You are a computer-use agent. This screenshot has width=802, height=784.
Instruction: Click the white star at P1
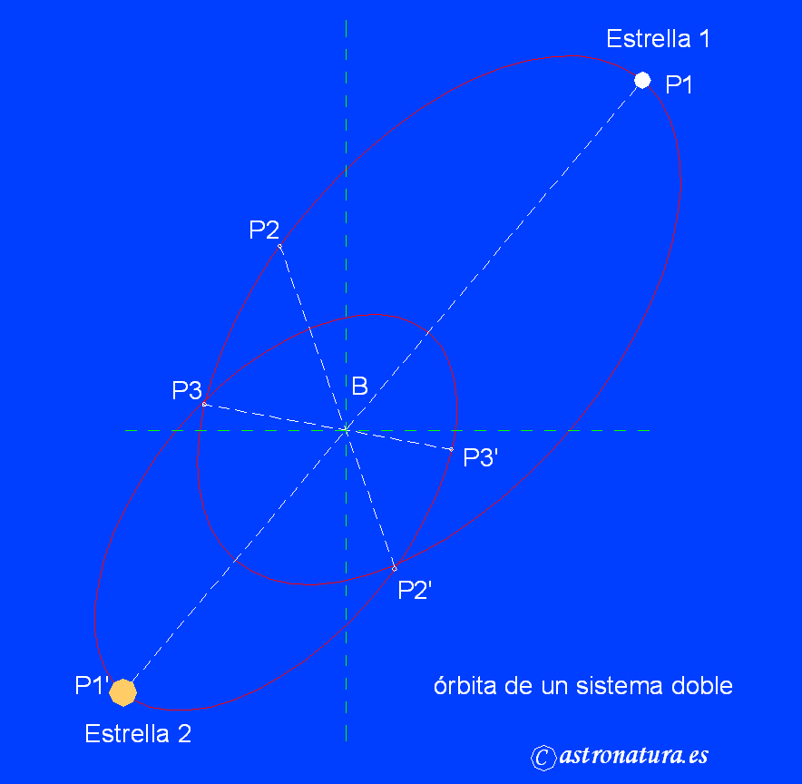[642, 80]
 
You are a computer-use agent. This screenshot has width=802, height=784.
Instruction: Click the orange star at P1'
[122, 692]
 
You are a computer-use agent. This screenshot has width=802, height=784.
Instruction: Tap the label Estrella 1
[658, 39]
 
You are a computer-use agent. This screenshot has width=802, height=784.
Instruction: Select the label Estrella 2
[138, 733]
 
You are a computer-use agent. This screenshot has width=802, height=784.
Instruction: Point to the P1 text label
[680, 85]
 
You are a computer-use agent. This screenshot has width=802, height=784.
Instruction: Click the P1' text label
[92, 686]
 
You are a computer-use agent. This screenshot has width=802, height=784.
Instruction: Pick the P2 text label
[264, 230]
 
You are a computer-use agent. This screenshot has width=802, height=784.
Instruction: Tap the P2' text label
[415, 590]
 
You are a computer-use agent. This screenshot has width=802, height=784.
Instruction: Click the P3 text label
[187, 391]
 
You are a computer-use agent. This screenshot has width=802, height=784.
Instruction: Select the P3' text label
[481, 458]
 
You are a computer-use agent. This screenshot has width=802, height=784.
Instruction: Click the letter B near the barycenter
[359, 387]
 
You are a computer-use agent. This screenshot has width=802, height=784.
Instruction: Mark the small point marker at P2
[279, 246]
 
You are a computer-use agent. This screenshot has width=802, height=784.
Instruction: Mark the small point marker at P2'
[394, 568]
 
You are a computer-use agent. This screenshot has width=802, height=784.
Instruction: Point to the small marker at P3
[204, 404]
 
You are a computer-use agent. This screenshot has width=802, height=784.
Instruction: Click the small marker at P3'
[451, 449]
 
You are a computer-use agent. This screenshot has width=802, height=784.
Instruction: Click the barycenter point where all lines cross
[346, 429]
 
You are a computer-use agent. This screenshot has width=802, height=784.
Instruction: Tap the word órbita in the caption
[465, 685]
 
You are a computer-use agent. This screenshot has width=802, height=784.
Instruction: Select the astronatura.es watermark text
[634, 756]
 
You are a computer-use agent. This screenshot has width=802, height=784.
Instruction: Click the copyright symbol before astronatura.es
[543, 758]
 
